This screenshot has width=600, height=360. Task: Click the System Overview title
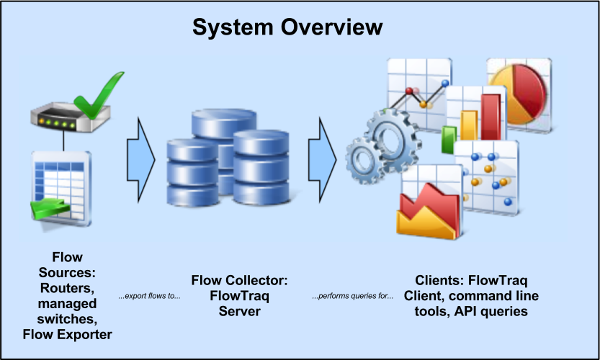point(287,27)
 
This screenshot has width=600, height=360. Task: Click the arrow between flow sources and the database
point(140,153)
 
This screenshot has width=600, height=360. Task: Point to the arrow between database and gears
point(323,153)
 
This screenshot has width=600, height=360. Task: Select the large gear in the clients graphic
point(393,139)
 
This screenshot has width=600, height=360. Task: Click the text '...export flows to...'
point(150,296)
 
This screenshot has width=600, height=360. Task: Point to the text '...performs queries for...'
point(352,296)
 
